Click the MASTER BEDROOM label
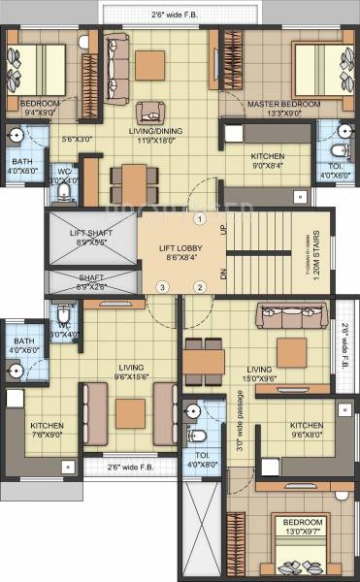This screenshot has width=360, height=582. click(x=278, y=103)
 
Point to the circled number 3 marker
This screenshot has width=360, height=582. click(x=163, y=286)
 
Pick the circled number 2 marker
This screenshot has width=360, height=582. click(x=199, y=286)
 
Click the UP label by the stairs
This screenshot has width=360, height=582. click(x=223, y=230)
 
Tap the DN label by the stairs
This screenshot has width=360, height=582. click(x=223, y=275)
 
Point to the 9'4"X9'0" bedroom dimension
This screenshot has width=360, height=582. click(x=40, y=113)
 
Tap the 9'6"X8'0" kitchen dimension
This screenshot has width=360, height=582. click(x=306, y=435)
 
